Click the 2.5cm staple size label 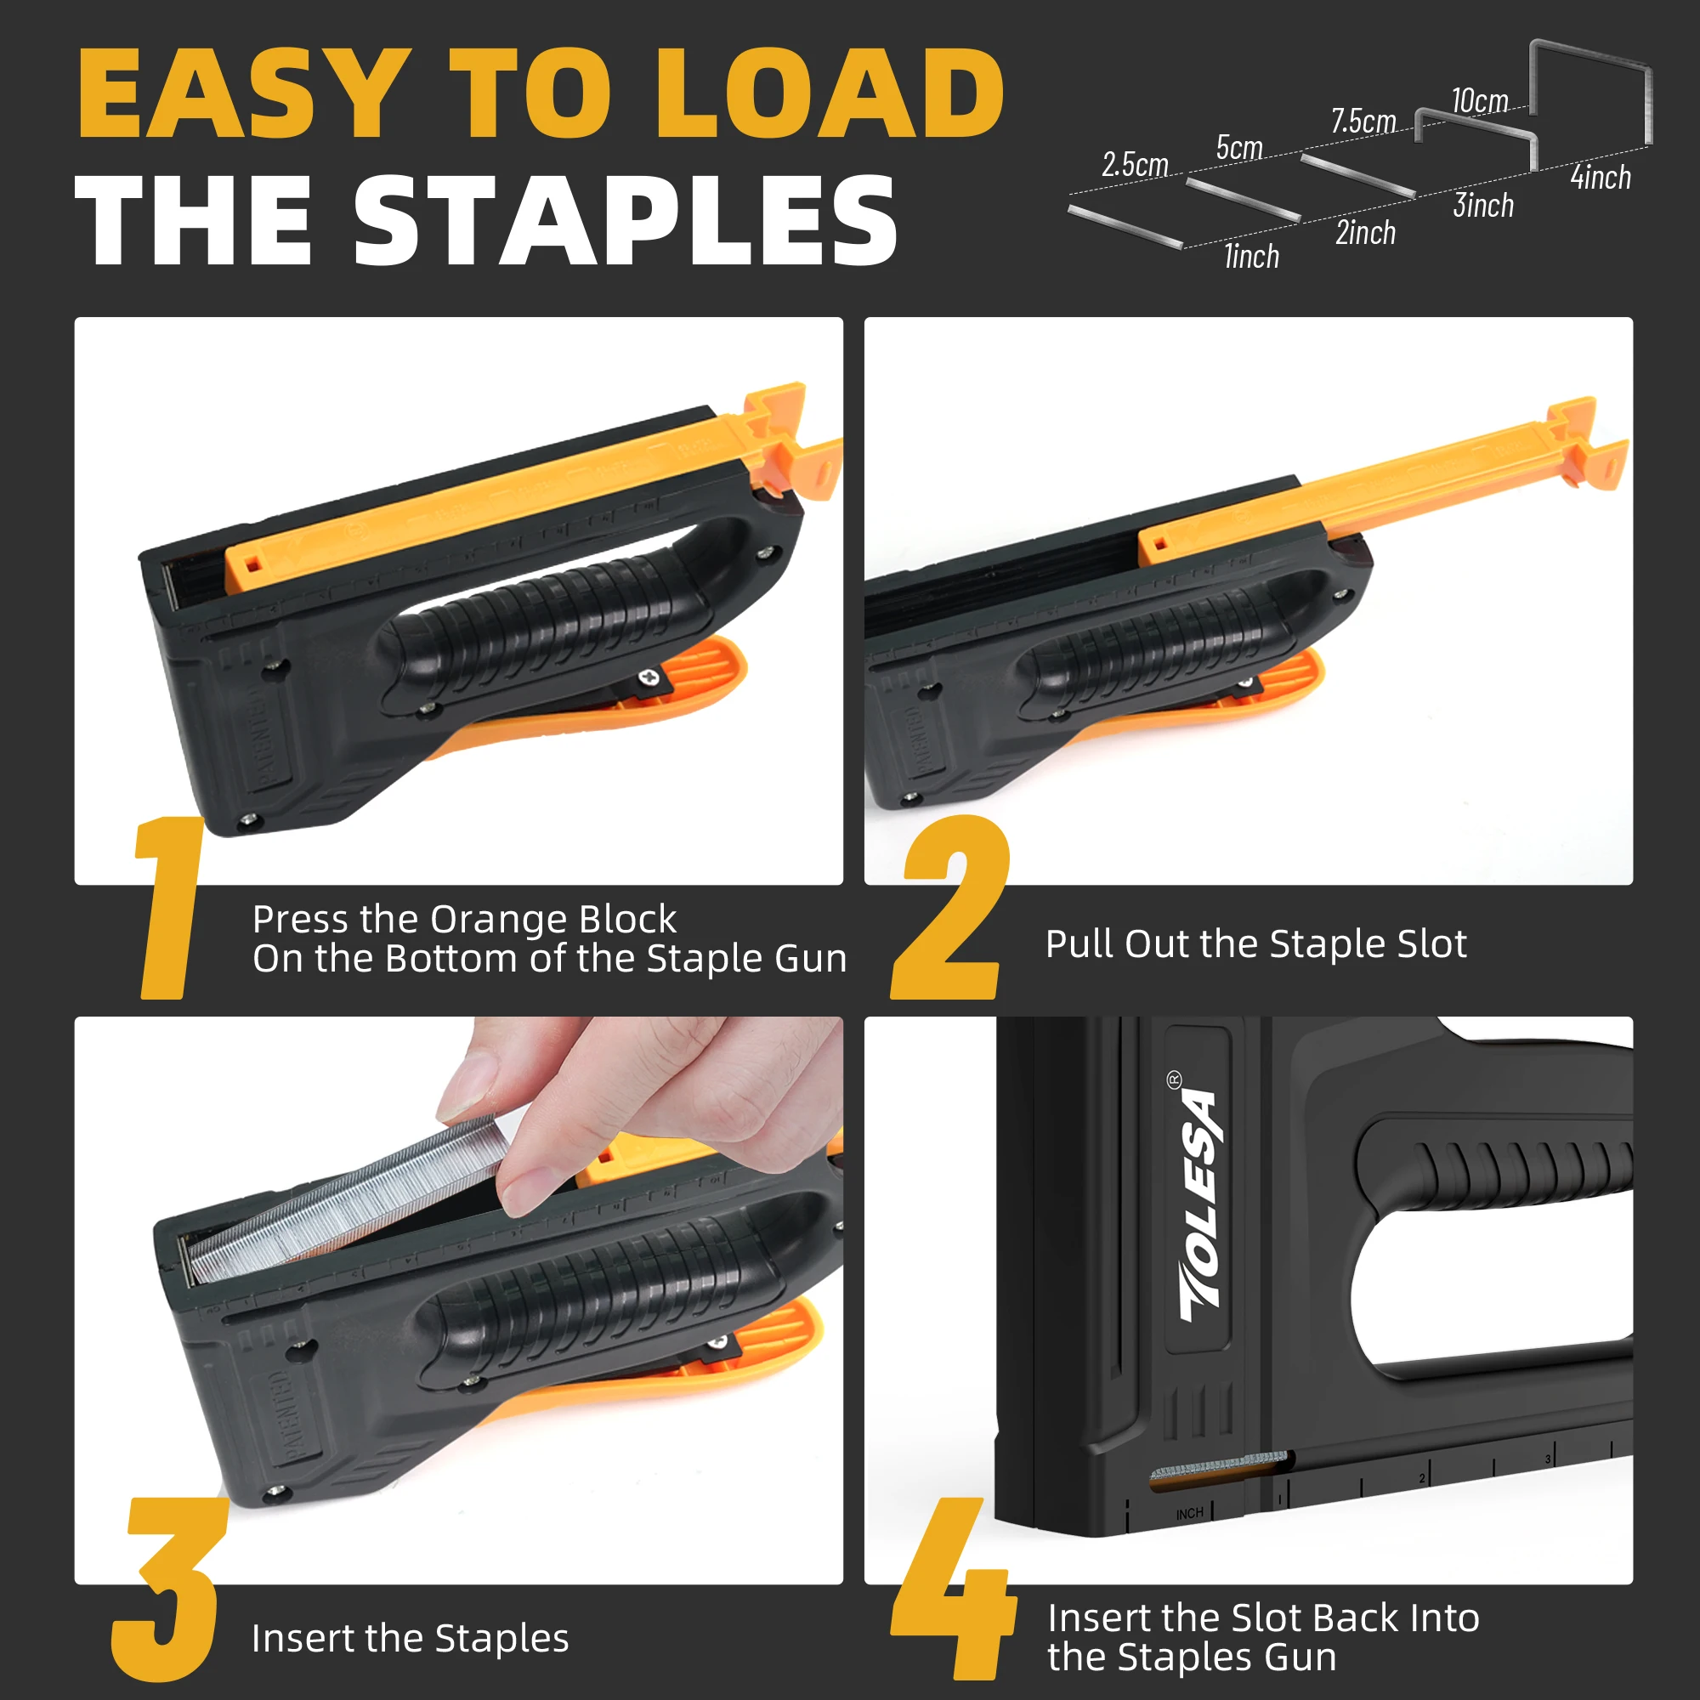(x=1135, y=165)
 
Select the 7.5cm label (x=1364, y=121)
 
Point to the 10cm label (x=1480, y=100)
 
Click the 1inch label (x=1251, y=256)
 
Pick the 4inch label (x=1601, y=177)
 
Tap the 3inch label (x=1483, y=205)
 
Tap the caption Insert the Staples (x=410, y=1639)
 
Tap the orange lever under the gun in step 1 (x=581, y=704)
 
